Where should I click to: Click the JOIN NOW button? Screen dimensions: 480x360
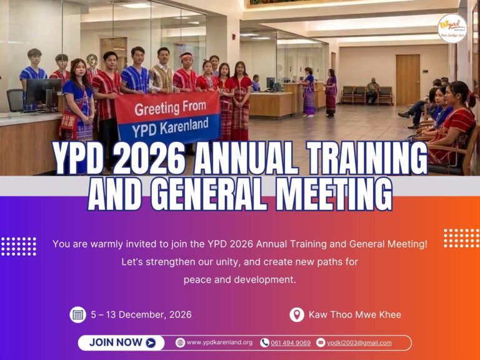(121, 342)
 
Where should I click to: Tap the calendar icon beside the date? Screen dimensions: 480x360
(77, 315)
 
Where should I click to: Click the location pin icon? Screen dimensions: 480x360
(297, 315)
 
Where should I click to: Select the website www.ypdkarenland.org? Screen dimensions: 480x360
(219, 342)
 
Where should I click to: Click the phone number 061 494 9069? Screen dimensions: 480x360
(291, 343)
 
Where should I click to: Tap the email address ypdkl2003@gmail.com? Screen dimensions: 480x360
(359, 343)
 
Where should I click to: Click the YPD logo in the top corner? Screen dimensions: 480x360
(452, 29)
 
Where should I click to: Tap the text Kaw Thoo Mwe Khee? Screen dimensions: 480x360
(355, 315)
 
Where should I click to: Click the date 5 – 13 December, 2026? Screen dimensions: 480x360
(141, 315)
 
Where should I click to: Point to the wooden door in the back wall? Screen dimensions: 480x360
(407, 80)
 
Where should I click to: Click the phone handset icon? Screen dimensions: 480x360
(264, 342)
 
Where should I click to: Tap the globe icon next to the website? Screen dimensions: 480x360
(180, 342)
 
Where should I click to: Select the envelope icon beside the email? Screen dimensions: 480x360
(321, 342)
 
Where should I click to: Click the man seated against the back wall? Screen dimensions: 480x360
(372, 91)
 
